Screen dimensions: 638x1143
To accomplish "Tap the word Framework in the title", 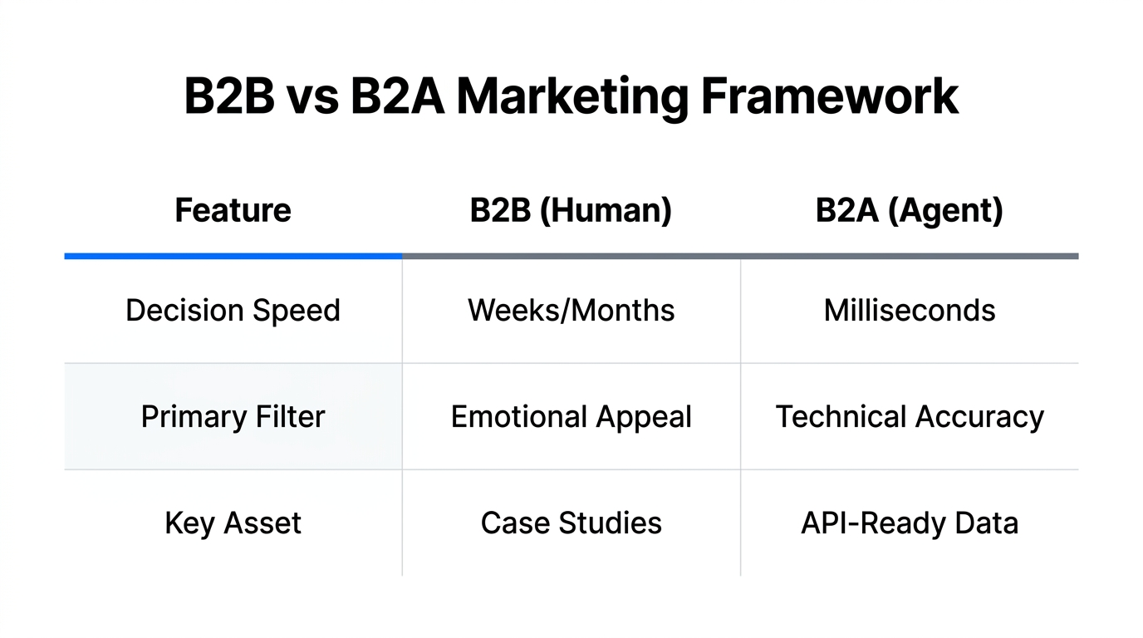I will [x=830, y=96].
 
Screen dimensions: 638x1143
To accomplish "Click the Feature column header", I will [x=233, y=210].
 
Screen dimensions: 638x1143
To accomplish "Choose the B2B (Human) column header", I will [x=571, y=210].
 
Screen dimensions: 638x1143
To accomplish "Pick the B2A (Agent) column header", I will [x=909, y=210].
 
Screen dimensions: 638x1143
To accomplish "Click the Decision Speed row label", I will [x=233, y=311].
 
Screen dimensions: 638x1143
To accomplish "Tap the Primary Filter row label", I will [x=233, y=416].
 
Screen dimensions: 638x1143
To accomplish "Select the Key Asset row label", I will [x=233, y=523].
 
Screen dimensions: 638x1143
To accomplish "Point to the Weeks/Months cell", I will [x=571, y=311].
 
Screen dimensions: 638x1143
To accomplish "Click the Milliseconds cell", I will [x=909, y=311].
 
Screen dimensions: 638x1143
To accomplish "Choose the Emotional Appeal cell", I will [x=571, y=416].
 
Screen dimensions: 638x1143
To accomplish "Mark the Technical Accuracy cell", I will [x=909, y=416].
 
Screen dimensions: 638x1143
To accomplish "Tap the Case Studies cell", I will [x=571, y=523].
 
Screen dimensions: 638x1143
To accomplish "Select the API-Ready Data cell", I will [x=909, y=523].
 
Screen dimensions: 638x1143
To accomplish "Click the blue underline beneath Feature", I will [x=233, y=256].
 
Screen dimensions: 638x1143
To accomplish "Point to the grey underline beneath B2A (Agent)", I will [x=909, y=256].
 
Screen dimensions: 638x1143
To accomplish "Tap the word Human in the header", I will [x=606, y=210].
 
